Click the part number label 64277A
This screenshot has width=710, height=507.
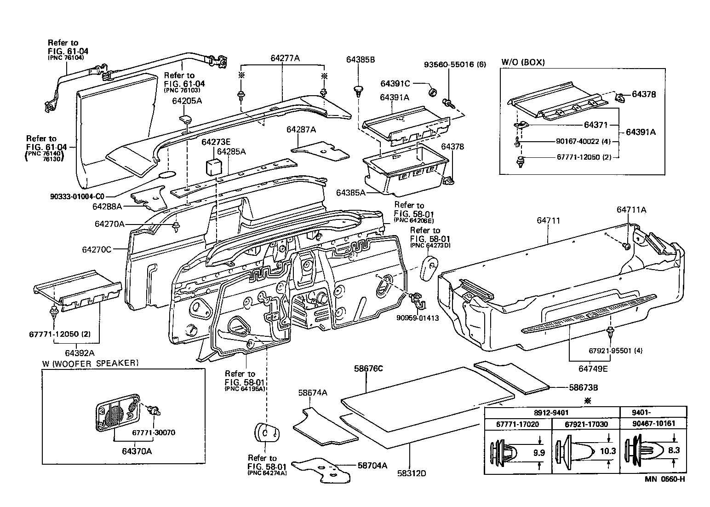click(285, 58)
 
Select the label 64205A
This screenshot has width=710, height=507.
click(187, 101)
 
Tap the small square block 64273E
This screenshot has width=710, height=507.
click(212, 166)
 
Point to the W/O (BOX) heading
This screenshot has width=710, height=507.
click(523, 63)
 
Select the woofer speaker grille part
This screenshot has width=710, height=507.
click(117, 412)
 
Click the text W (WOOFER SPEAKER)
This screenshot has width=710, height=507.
click(90, 363)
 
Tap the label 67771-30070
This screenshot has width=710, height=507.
click(153, 432)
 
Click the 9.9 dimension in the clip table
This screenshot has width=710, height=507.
click(538, 452)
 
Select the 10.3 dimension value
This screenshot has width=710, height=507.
click(608, 451)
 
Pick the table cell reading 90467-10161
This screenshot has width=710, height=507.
click(653, 423)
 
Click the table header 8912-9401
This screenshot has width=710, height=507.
click(552, 412)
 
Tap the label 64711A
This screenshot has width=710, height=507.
click(631, 210)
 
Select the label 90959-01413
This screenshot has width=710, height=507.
click(418, 317)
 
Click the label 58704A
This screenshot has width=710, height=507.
click(372, 465)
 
